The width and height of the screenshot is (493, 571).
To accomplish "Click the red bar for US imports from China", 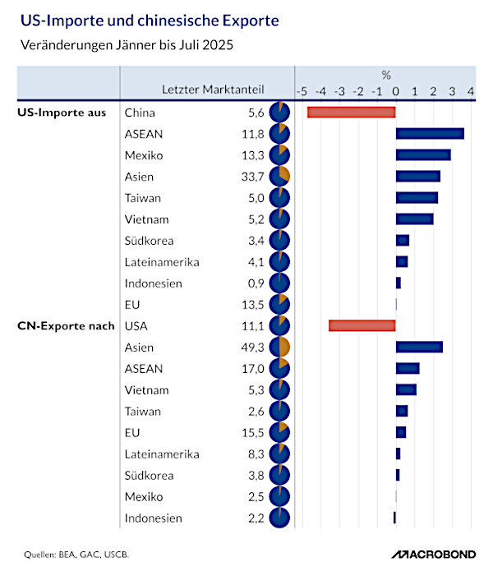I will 351,113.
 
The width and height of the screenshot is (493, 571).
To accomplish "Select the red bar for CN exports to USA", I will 362,325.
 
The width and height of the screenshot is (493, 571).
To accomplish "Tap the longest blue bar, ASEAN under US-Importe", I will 430,134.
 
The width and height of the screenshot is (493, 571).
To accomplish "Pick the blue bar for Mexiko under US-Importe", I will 423,155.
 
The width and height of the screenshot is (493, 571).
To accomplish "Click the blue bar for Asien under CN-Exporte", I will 419,347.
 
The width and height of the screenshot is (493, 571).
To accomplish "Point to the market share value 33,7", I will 253,177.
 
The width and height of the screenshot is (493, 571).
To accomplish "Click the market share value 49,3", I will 253,348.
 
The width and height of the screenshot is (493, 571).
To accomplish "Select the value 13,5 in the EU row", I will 253,305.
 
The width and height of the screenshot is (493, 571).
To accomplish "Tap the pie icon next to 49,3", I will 279,348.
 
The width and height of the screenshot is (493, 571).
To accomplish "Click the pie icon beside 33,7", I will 279,177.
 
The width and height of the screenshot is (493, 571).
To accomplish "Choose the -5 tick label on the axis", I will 302,90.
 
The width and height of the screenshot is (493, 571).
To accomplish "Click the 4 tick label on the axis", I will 471,90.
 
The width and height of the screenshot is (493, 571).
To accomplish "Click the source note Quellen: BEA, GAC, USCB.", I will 76,552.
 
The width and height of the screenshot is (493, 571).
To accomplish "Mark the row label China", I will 140,113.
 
